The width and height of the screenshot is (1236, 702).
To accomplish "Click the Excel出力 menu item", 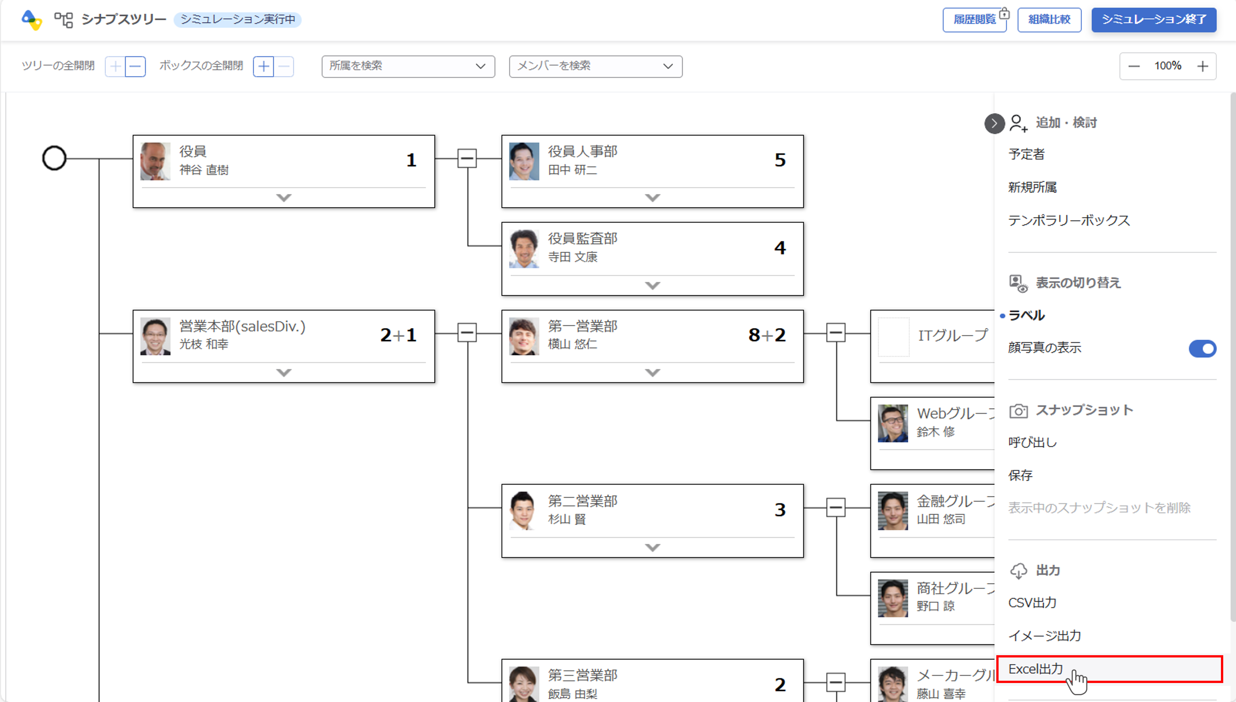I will [x=1036, y=669].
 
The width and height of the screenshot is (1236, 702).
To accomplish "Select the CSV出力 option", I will [x=1032, y=603].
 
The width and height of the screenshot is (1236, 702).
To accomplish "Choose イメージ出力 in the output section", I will [x=1044, y=635].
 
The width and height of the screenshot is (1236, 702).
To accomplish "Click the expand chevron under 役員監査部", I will [x=653, y=285].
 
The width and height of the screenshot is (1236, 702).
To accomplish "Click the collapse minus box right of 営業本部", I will [x=467, y=333].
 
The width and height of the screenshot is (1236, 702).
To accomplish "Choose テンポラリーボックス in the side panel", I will [x=1068, y=220].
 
